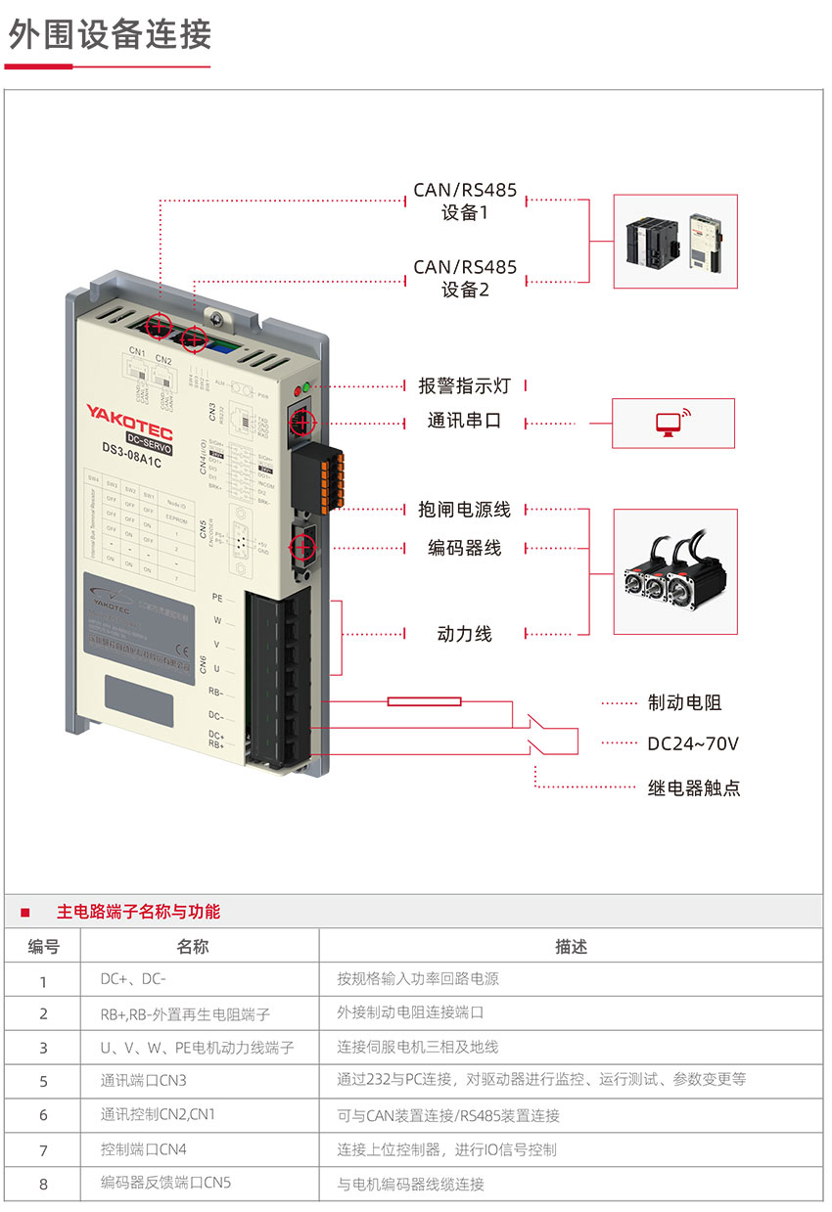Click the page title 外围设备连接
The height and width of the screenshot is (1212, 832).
[110, 34]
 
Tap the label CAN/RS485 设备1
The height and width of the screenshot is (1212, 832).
[465, 201]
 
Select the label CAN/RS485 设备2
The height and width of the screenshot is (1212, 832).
[465, 278]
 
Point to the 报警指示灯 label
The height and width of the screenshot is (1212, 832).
[465, 385]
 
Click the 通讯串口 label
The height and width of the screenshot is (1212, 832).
[465, 422]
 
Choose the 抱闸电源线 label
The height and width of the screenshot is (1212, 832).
[465, 510]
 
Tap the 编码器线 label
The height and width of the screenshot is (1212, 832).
[465, 548]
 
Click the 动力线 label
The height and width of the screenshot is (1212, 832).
[465, 634]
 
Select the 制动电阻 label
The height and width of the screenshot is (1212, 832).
[685, 702]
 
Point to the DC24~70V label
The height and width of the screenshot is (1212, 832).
[693, 743]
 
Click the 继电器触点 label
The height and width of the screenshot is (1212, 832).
[694, 787]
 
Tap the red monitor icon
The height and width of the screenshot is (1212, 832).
[670, 423]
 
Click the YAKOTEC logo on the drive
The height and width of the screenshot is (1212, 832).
[129, 414]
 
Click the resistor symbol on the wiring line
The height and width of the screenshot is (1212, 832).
[425, 700]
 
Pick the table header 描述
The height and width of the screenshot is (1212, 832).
[571, 946]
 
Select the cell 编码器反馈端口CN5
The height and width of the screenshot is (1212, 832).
[166, 1183]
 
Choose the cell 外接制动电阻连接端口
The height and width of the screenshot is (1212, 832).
[411, 1012]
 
